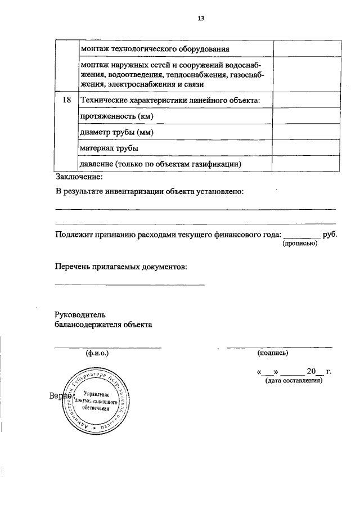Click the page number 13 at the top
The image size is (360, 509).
[x=200, y=18]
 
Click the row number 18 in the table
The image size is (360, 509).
[x=67, y=100]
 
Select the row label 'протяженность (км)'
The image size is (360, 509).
[x=117, y=116]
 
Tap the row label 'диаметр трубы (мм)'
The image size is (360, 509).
[x=117, y=132]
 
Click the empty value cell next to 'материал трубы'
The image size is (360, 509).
[x=306, y=148]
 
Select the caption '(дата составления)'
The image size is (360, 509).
[x=293, y=381]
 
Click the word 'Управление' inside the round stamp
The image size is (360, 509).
[x=96, y=394]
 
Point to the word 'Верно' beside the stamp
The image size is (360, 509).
[x=58, y=397]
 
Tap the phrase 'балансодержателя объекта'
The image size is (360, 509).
[x=103, y=325]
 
